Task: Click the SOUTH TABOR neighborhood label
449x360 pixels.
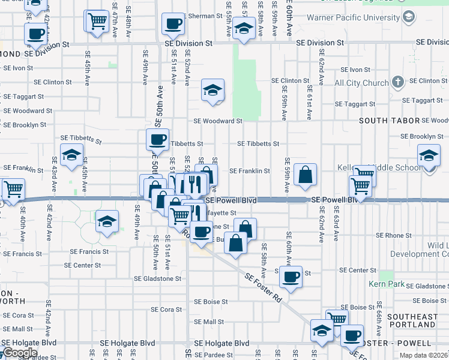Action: (x=389, y=121)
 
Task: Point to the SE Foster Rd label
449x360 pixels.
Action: (x=264, y=286)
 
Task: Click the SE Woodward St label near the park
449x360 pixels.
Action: (x=217, y=121)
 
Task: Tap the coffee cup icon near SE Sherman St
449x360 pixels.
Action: (x=173, y=25)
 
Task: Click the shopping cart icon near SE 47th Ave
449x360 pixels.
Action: (x=96, y=21)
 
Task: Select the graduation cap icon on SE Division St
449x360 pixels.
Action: (x=243, y=28)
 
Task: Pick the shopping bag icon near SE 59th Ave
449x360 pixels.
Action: (x=306, y=175)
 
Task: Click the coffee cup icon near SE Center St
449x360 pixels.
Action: (x=291, y=277)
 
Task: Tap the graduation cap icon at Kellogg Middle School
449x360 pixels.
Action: (x=429, y=156)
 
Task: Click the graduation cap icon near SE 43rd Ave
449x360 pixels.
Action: (x=71, y=155)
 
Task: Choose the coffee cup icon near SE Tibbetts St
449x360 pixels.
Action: (x=158, y=140)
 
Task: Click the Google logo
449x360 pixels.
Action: (x=20, y=353)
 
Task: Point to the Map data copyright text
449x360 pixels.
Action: (x=423, y=355)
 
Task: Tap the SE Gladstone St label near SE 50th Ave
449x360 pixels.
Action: (x=157, y=278)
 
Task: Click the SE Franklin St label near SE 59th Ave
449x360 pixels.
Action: (x=250, y=171)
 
